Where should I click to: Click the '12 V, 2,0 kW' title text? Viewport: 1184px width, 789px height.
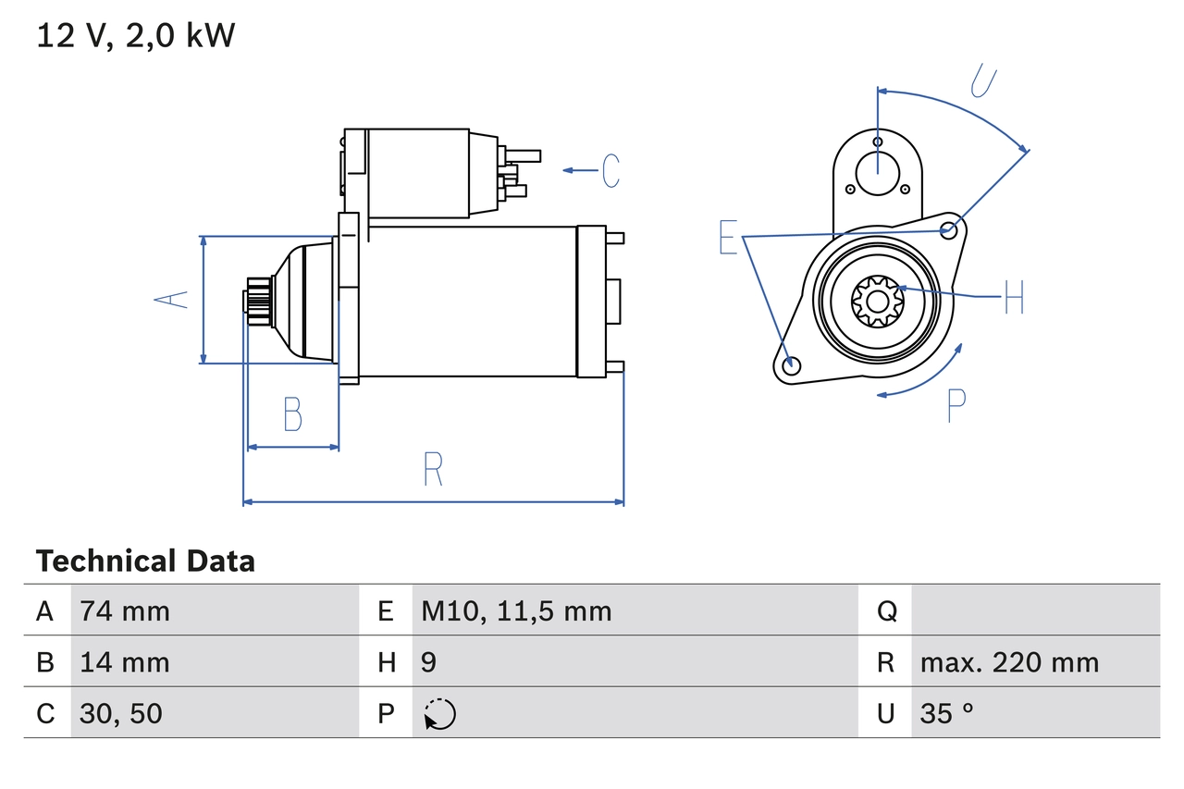[135, 36]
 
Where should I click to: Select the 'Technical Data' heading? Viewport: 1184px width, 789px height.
[145, 561]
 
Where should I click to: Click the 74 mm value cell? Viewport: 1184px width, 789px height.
[125, 610]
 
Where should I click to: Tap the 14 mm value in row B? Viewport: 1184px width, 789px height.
[125, 662]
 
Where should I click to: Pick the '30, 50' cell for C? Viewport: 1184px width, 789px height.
[121, 713]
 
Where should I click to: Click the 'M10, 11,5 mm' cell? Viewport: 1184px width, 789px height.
[516, 610]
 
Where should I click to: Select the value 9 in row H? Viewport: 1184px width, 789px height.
[428, 662]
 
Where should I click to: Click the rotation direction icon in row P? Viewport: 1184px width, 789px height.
[439, 714]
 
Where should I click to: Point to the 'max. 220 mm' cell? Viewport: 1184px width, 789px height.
[1009, 662]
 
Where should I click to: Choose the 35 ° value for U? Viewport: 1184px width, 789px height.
[946, 713]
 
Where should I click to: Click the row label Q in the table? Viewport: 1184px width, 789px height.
[885, 610]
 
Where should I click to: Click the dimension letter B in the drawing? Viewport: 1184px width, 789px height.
[292, 414]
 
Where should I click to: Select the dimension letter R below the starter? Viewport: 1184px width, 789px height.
[433, 469]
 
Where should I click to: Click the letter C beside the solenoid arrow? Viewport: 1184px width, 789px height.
[610, 170]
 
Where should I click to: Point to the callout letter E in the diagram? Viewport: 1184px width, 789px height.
[729, 238]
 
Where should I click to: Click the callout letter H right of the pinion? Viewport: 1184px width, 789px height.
[1013, 297]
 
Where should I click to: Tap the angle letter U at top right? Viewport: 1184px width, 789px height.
[983, 80]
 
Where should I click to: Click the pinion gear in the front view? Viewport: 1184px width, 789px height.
[875, 300]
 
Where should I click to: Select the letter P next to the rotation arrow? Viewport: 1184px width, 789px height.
[956, 405]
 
